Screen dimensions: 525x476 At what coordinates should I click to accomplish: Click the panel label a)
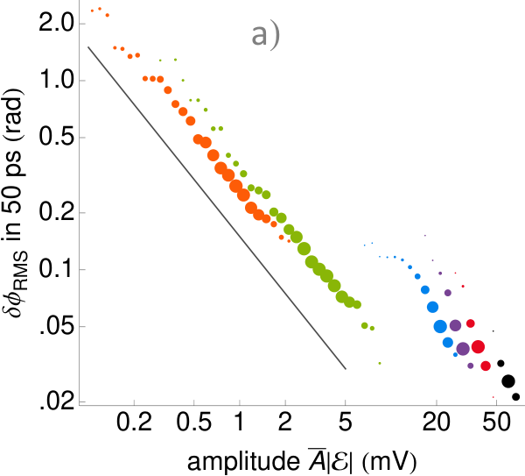tap(265, 36)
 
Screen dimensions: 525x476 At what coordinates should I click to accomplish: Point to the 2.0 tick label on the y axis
tap(56, 24)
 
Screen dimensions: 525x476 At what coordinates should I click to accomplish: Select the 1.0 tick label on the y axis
tap(56, 81)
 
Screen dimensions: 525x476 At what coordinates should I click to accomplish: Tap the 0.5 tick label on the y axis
tap(56, 138)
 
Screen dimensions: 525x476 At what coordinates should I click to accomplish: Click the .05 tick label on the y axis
tap(57, 326)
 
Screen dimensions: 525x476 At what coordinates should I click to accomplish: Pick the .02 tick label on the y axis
tap(57, 401)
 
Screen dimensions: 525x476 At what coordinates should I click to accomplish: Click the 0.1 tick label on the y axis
tap(56, 269)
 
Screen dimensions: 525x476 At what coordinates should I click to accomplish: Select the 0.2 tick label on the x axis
tap(134, 422)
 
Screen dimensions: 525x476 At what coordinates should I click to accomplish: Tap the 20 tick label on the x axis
tap(437, 422)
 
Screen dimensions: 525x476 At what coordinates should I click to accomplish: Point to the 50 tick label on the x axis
tap(496, 422)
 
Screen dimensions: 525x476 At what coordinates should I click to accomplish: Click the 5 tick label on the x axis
tap(346, 422)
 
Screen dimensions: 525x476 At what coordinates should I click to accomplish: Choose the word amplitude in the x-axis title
tap(243, 462)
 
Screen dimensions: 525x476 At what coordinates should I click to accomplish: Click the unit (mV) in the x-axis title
tap(389, 462)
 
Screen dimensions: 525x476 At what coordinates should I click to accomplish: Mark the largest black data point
tap(508, 381)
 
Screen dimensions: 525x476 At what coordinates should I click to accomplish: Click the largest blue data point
tap(440, 326)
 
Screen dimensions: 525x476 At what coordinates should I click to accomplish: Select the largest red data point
tap(478, 346)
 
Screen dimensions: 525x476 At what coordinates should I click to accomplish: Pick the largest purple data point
tap(463, 349)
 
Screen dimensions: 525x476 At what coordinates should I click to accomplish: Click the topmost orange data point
tap(100, 9)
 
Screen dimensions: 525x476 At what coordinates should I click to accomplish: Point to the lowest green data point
tap(380, 363)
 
